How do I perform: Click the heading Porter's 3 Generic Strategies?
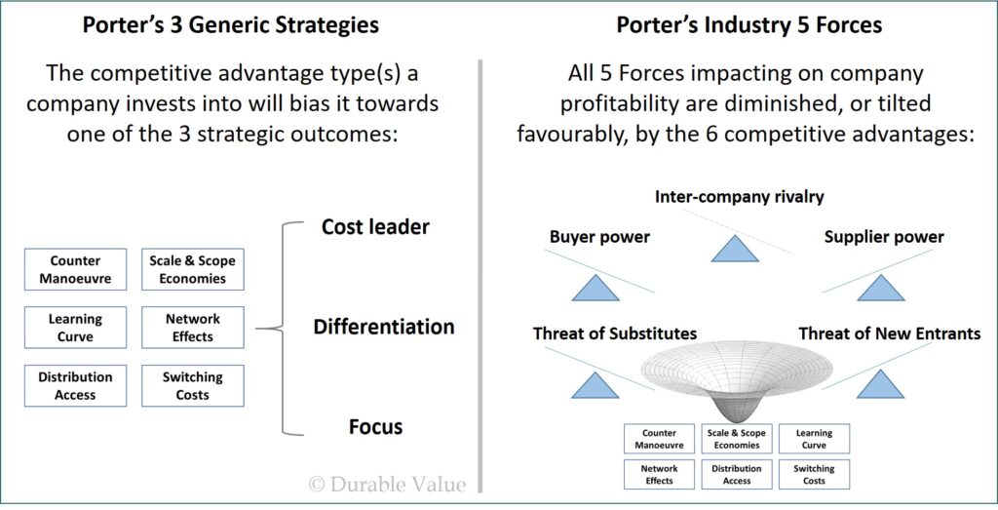[x=230, y=24]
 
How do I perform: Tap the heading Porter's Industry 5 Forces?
[x=749, y=24]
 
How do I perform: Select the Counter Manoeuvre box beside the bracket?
[x=75, y=269]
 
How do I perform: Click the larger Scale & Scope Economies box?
[x=192, y=269]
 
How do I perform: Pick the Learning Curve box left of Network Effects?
[x=75, y=328]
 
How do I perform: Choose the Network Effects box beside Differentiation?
[x=192, y=328]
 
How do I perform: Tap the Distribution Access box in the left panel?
[x=75, y=386]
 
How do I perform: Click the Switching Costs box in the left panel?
[x=192, y=386]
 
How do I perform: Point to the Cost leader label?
[x=375, y=226]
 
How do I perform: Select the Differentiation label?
[x=384, y=327]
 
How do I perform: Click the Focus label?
[x=375, y=426]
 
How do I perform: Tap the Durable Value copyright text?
[x=387, y=485]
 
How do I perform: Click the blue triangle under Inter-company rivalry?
[x=735, y=250]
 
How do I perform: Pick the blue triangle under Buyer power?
[x=595, y=289]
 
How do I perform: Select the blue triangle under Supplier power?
[x=881, y=289]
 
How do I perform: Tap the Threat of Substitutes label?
[x=615, y=333]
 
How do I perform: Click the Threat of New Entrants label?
[x=890, y=333]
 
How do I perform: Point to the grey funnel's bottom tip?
[x=736, y=421]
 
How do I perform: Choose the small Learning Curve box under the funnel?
[x=814, y=439]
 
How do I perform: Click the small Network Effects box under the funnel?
[x=660, y=474]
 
